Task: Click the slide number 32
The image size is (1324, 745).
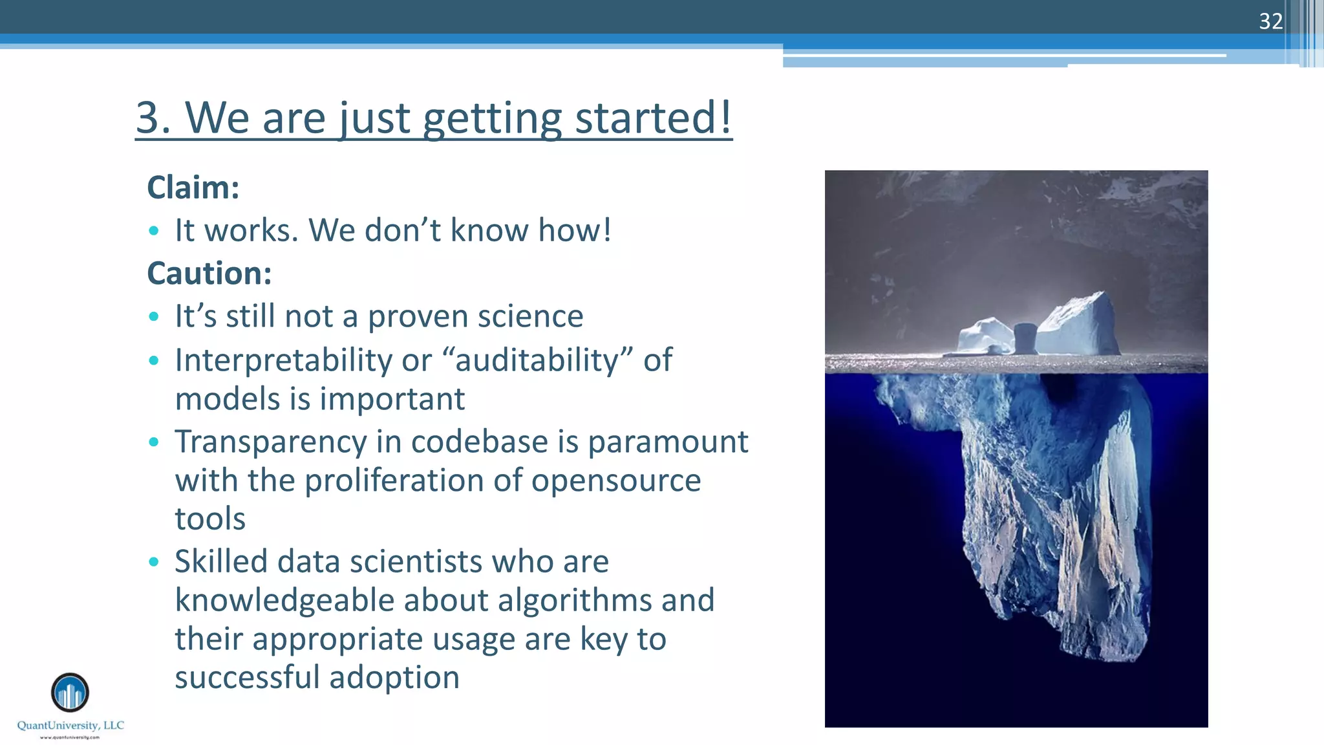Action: point(1270,21)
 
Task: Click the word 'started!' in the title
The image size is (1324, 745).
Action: point(653,118)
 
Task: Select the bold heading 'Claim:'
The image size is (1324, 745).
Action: point(193,188)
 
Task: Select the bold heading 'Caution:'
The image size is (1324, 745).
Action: point(209,273)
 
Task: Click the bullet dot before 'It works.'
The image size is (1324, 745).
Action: point(153,231)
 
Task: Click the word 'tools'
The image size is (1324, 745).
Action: point(210,519)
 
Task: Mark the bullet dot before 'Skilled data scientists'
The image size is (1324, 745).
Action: point(153,562)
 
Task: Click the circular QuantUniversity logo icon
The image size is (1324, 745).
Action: point(70,693)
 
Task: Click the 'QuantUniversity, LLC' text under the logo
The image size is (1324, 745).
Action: point(70,726)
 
